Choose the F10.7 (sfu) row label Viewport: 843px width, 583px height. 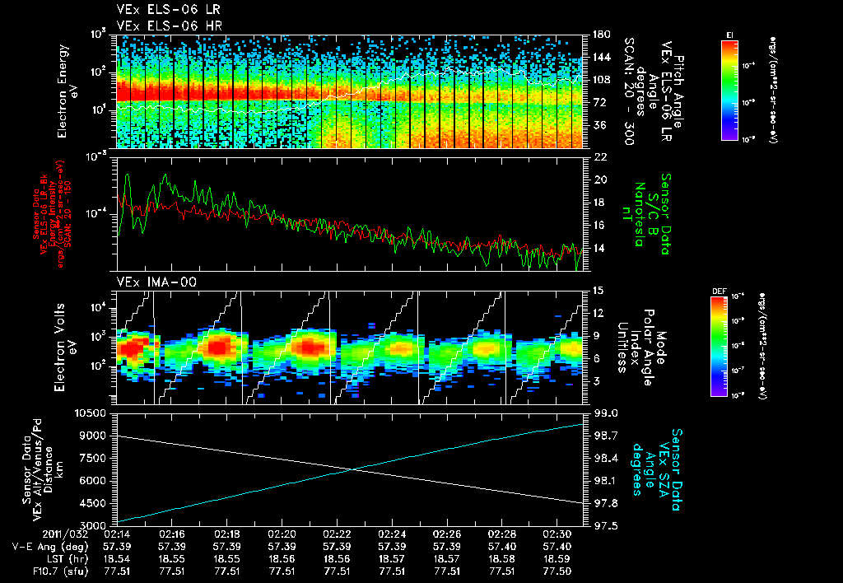tap(39, 570)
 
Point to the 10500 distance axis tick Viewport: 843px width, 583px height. tap(94, 413)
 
